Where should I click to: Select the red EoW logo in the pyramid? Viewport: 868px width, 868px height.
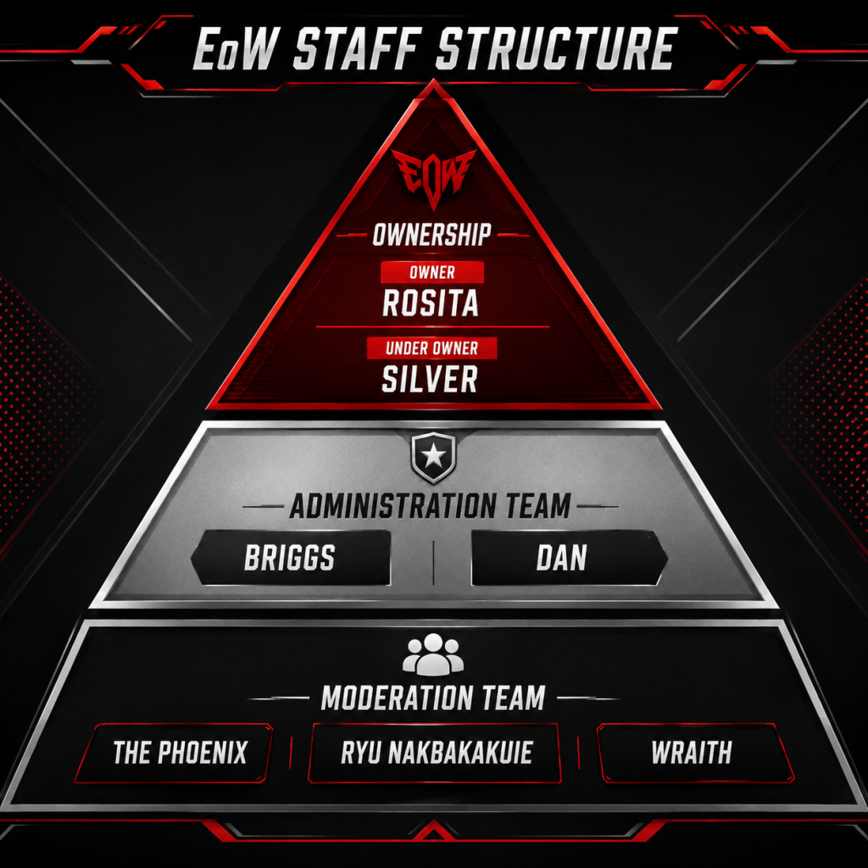tap(433, 177)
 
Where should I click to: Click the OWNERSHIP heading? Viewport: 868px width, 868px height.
tap(431, 235)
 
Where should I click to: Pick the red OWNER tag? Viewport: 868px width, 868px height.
tap(432, 272)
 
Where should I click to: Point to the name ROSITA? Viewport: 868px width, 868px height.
tap(431, 303)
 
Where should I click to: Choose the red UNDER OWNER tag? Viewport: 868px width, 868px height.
tap(431, 348)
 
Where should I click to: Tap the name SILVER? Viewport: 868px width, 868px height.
tap(430, 379)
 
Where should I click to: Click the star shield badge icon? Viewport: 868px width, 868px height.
tap(433, 457)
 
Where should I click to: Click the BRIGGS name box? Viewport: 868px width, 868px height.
tap(292, 558)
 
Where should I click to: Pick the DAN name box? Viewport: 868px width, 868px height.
tap(569, 558)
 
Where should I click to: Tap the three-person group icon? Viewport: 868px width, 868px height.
tap(433, 654)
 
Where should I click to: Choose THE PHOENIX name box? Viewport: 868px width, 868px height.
tap(175, 753)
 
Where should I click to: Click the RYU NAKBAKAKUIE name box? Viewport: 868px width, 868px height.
tap(435, 753)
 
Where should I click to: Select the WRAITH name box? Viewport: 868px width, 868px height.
tap(695, 753)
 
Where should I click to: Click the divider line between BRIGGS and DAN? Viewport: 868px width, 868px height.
tap(433, 562)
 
